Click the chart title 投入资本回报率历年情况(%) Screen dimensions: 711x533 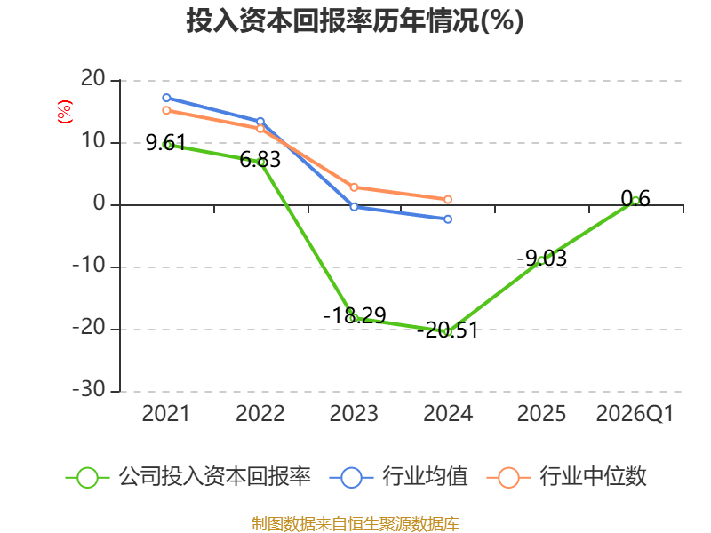[x=355, y=20]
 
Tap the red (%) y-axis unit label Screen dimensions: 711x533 [x=64, y=112]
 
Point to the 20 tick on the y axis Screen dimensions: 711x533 [x=93, y=79]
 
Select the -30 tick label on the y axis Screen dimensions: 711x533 [x=89, y=389]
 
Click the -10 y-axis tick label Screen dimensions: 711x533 [x=89, y=265]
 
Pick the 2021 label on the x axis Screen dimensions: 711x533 [x=165, y=413]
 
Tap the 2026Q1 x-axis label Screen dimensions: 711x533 [x=635, y=413]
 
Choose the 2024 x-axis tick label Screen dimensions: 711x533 [x=448, y=413]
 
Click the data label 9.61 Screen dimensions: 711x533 [x=165, y=143]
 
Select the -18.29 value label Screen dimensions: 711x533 [x=355, y=315]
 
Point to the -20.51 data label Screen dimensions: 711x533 [x=448, y=330]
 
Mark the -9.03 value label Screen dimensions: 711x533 [x=542, y=258]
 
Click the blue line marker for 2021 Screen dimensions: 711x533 [x=166, y=98]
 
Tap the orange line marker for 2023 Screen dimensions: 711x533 [x=354, y=187]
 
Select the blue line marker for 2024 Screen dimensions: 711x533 [x=448, y=219]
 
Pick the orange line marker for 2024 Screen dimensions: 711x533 [x=448, y=199]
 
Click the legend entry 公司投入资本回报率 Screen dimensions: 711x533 [x=188, y=477]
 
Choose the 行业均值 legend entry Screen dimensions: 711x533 [x=398, y=477]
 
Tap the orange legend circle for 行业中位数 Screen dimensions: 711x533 [x=508, y=478]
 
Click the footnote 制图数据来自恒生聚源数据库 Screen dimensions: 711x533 [x=355, y=524]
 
